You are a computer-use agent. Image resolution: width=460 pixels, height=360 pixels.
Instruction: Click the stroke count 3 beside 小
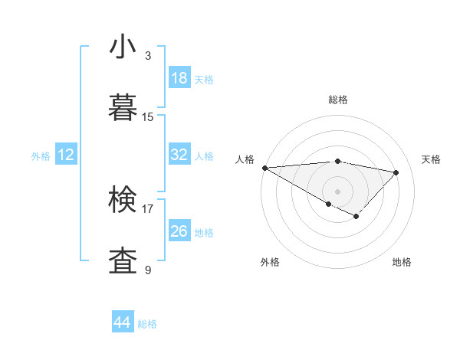click(148, 56)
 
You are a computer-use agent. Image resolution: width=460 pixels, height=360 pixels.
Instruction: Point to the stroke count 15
click(148, 117)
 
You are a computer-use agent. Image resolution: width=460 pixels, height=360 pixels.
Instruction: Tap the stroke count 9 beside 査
click(148, 270)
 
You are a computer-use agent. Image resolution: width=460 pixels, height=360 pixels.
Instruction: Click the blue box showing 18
click(179, 78)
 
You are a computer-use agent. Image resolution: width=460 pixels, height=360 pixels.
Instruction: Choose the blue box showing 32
click(179, 155)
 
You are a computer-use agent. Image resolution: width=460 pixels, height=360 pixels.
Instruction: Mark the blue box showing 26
click(179, 231)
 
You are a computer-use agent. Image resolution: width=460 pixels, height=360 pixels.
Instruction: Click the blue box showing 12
click(66, 155)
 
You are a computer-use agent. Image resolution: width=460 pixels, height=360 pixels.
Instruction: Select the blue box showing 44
click(123, 322)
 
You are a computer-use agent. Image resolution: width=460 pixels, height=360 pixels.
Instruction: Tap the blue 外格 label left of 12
click(41, 156)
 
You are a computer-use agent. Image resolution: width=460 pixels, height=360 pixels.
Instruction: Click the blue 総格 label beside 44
click(147, 324)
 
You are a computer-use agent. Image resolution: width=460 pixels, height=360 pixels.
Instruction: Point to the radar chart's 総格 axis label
click(337, 100)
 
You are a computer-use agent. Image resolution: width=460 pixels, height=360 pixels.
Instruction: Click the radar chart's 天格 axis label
click(432, 159)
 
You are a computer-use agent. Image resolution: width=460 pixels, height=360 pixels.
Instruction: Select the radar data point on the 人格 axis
click(264, 168)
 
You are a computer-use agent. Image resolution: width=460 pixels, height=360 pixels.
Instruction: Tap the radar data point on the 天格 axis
click(396, 172)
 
